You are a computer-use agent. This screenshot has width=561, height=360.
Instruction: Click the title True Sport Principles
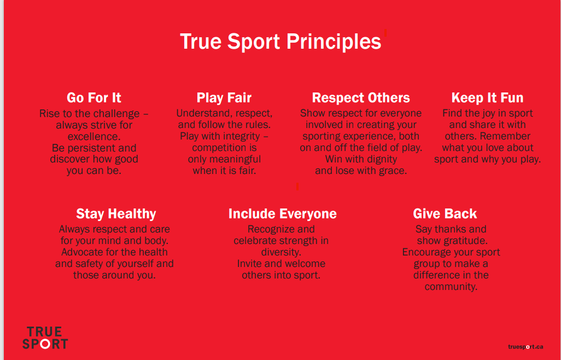point(280,42)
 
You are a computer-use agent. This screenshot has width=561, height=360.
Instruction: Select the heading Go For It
point(94,98)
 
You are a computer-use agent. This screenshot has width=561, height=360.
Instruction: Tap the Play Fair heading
point(224,98)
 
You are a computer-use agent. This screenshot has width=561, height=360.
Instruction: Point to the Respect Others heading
point(361,98)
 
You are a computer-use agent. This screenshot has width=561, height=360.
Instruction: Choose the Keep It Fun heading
point(487,98)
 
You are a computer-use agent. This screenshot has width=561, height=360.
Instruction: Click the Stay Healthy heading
point(116,214)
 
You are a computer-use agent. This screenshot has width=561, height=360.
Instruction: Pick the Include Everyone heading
point(282,214)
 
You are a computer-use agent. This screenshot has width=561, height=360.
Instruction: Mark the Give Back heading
point(445,214)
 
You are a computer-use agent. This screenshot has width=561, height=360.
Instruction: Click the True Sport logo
point(45,338)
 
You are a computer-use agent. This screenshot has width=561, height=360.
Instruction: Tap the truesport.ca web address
point(525,346)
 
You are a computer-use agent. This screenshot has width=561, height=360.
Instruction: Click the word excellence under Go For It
point(93,137)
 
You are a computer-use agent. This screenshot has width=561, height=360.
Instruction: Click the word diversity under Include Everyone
point(281,252)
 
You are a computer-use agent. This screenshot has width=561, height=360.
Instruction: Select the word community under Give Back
point(451,287)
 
